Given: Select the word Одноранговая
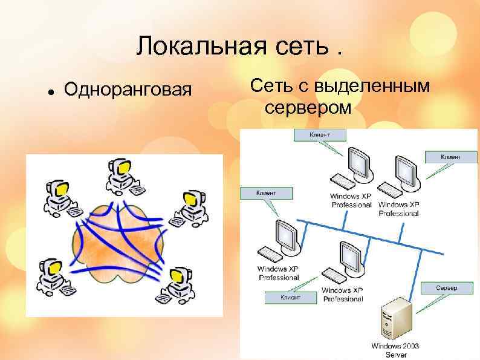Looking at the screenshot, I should pos(128,90).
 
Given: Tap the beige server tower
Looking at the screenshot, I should pos(395,319).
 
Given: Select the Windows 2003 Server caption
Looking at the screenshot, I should pos(395,350).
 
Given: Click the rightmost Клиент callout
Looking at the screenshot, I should pos(450,157).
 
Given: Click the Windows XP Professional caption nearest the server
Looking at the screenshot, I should pos(343,295).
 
